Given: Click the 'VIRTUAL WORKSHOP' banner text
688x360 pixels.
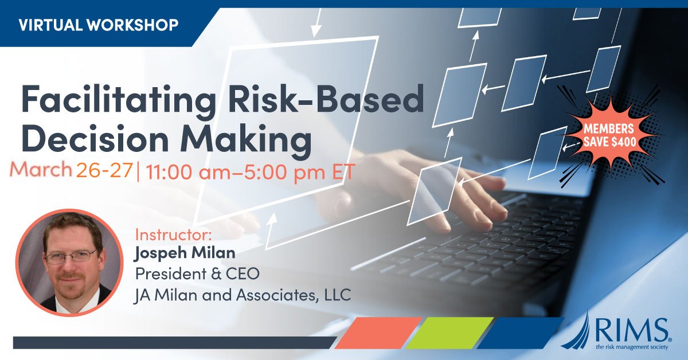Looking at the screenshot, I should (98, 25).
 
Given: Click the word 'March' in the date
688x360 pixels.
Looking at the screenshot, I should (41, 170).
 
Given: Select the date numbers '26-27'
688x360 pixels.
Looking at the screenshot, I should (104, 170).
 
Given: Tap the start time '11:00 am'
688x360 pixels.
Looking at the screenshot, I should (183, 171).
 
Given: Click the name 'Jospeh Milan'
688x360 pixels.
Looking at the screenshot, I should (178, 253).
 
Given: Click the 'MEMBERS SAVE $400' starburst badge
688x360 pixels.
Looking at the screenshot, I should (609, 135).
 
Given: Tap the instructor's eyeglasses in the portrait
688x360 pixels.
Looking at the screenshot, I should (70, 255).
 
